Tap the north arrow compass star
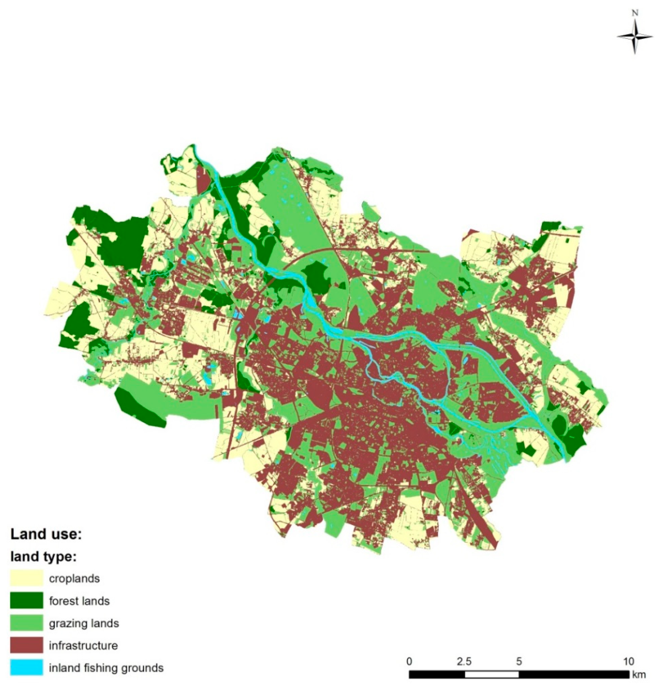point(635,37)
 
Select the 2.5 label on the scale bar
point(464,661)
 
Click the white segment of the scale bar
point(492,674)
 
